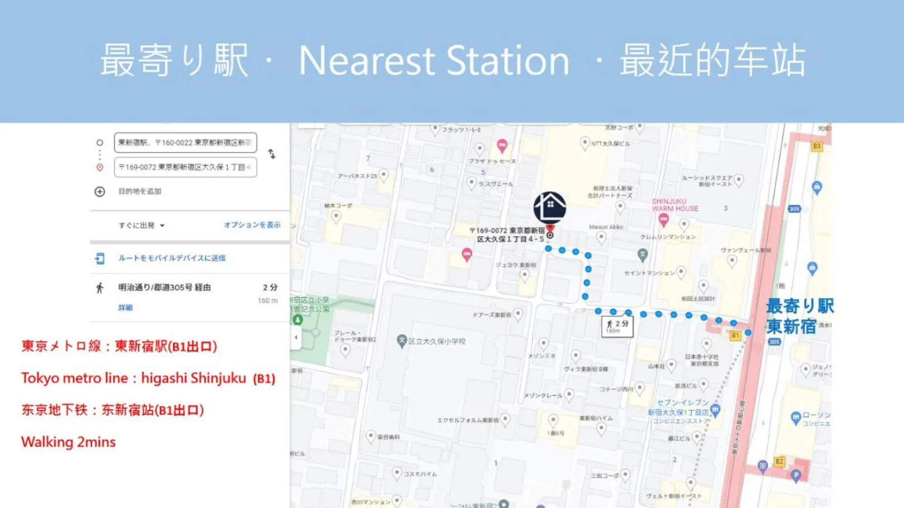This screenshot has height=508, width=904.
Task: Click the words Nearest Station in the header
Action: tap(434, 60)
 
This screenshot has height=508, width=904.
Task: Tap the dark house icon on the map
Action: tap(549, 207)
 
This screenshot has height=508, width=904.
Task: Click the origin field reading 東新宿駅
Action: tap(185, 143)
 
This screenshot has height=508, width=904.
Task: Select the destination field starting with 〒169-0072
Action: tap(185, 167)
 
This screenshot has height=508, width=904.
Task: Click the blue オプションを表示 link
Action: tap(252, 225)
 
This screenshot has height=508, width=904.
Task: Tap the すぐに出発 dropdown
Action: tap(141, 226)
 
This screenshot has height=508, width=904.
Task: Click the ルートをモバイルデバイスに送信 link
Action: tap(171, 258)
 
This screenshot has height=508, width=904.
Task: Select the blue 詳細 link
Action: tap(125, 308)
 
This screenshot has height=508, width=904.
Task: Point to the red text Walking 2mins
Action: tap(69, 442)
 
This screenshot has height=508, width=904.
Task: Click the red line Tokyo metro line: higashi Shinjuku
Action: tap(148, 378)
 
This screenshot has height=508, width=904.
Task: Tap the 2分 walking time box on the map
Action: tap(617, 326)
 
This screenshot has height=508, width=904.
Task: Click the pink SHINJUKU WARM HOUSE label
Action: tap(675, 205)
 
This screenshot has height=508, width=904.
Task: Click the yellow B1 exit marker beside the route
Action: tap(735, 336)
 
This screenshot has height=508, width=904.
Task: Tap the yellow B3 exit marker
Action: tap(817, 146)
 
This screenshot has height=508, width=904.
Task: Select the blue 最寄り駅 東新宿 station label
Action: tap(799, 316)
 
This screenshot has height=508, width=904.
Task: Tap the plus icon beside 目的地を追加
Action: tap(100, 191)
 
